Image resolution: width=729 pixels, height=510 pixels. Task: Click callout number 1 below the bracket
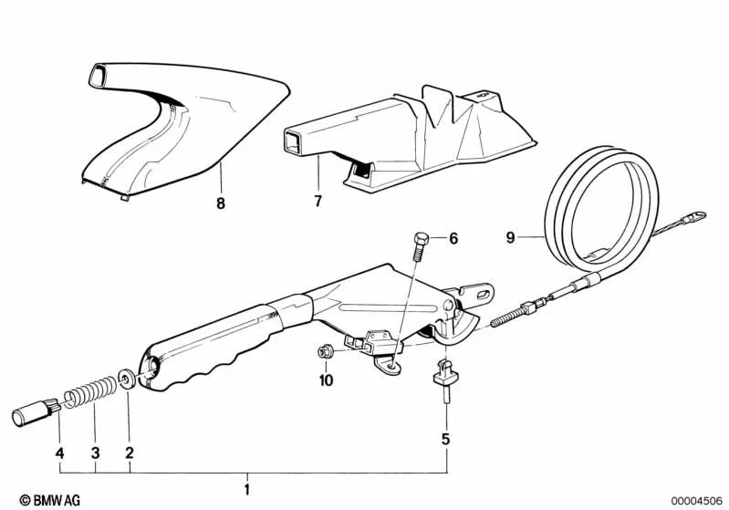coord(246,491)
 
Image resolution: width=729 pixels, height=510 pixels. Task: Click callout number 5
coord(445,439)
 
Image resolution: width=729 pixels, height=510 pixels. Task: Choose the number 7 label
coord(318,201)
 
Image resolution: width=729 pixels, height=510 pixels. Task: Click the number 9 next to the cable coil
coord(511,239)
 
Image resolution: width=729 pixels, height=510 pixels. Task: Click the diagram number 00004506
coord(696,500)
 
